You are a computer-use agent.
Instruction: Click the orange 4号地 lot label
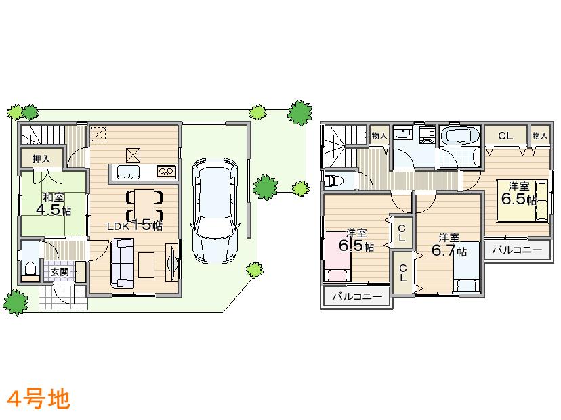(x=39, y=399)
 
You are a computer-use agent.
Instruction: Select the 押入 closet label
(x=41, y=159)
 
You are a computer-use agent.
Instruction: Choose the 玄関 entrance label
(x=59, y=272)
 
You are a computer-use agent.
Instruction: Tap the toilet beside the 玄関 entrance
(x=30, y=269)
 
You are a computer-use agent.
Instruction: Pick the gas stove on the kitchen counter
(x=166, y=171)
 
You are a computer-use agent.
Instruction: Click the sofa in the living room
(x=122, y=264)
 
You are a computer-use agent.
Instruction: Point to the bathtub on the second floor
(x=460, y=137)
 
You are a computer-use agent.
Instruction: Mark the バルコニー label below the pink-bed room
(x=356, y=297)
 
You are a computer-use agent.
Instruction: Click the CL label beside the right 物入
(x=505, y=136)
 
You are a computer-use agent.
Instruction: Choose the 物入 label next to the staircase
(x=379, y=135)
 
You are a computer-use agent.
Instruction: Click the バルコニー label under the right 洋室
(x=517, y=250)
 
